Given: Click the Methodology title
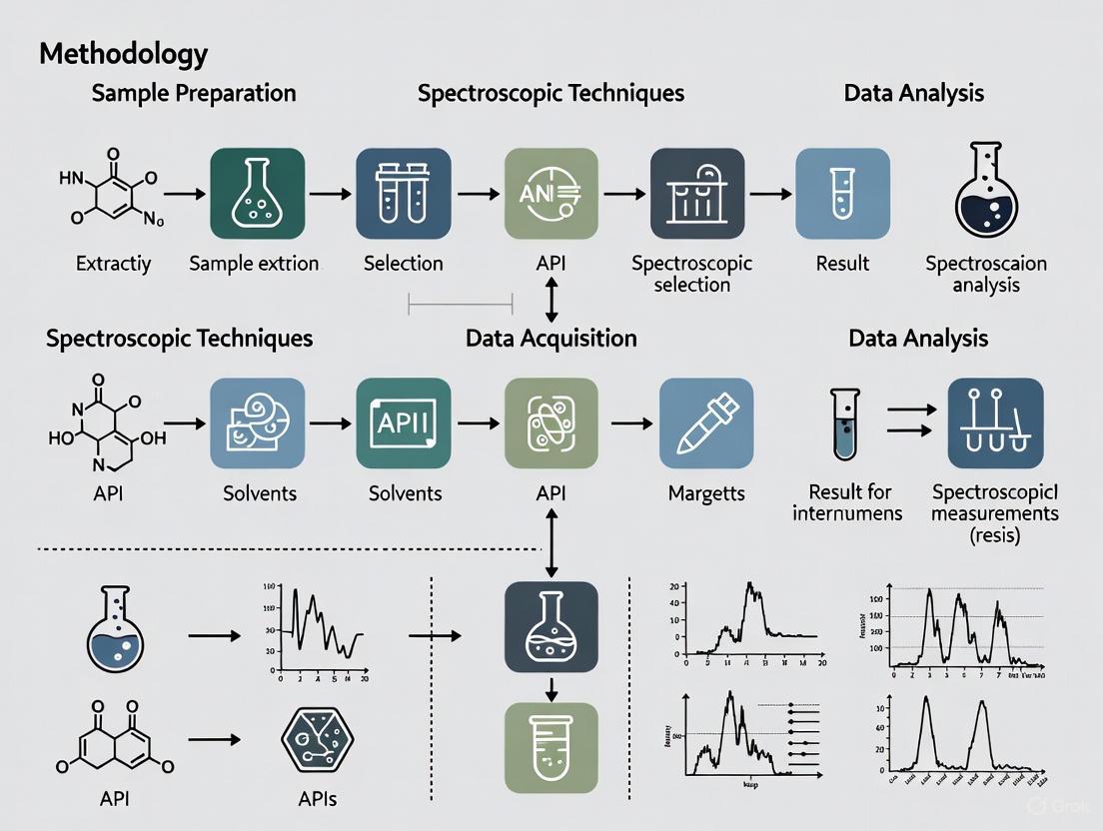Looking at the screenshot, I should point(123,53).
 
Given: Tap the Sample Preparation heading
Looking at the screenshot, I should point(194,94).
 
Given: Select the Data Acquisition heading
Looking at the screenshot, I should point(551,339).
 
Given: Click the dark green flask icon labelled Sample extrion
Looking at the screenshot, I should point(257,194).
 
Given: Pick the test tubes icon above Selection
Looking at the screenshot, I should point(403,194).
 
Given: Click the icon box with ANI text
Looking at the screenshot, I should point(551,194).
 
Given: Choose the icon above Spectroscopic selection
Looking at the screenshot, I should point(696,194).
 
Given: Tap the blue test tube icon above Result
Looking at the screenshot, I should point(842,194).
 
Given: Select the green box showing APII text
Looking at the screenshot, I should point(403,423).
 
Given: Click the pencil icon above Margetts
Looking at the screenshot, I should point(705,423).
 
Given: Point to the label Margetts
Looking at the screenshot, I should point(705,493).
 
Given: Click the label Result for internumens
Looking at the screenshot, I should point(847,502).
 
